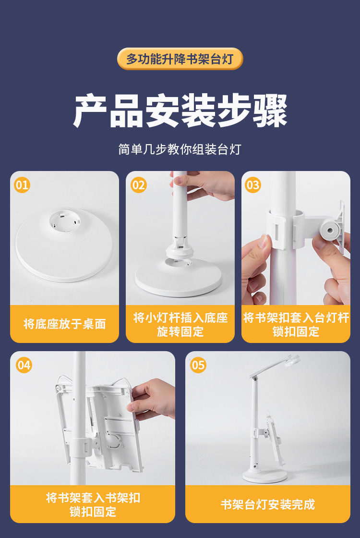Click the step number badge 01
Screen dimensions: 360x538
(22, 185)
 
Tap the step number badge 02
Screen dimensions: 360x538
(139, 185)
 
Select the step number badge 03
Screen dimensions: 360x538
(253, 185)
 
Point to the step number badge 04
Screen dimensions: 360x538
(24, 365)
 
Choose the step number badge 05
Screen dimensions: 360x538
(198, 365)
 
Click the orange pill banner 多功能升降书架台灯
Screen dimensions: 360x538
(180, 59)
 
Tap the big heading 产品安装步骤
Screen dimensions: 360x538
(180, 110)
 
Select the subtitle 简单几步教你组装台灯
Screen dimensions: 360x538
(180, 149)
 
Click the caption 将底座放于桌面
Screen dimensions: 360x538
(64, 324)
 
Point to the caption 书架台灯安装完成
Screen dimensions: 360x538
(267, 504)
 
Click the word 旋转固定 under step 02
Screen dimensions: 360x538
(180, 331)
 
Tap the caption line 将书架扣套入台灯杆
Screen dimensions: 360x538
(296, 318)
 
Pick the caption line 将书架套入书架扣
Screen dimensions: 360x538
(93, 498)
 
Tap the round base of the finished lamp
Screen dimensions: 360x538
(264, 476)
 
